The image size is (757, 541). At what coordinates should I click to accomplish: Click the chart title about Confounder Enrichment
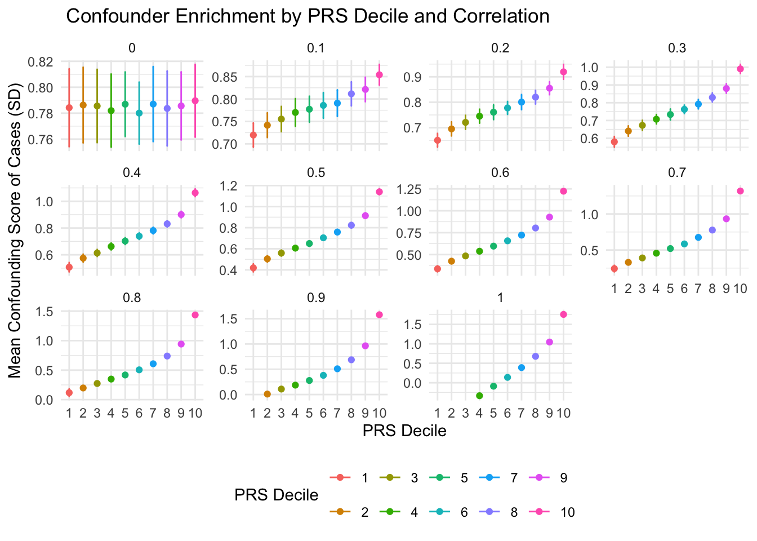(308, 16)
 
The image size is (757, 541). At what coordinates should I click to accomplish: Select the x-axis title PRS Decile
(404, 431)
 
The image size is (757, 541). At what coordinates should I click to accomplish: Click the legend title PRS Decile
(276, 495)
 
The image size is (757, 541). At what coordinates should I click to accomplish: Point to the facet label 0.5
(316, 172)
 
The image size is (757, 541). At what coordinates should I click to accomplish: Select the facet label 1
(500, 297)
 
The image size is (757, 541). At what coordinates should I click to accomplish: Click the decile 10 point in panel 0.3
(740, 69)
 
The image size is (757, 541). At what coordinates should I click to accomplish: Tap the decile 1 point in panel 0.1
(253, 135)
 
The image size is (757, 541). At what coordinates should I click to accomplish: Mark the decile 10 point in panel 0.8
(195, 315)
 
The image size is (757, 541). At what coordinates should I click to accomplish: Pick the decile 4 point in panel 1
(479, 396)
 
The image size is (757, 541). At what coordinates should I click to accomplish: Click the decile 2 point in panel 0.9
(267, 394)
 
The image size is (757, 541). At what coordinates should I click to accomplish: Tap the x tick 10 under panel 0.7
(740, 289)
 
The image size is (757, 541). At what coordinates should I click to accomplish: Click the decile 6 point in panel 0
(139, 113)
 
